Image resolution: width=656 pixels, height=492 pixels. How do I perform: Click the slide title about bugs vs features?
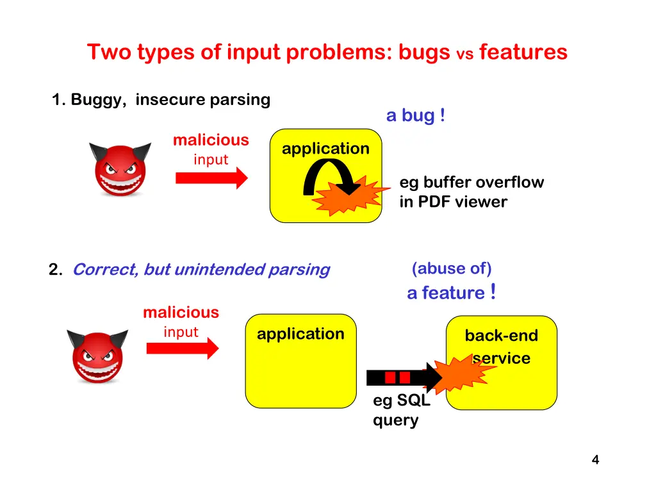point(327,52)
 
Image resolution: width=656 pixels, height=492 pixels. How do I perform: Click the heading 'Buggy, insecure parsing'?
point(161,100)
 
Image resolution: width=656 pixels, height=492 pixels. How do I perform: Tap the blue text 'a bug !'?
point(416,116)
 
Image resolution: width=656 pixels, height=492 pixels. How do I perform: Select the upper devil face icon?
point(120,168)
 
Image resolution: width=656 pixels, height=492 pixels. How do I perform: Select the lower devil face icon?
point(98,356)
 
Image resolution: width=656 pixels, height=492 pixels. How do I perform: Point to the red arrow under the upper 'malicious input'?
point(211,178)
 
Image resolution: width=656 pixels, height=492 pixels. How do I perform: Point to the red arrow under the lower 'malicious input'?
point(183,348)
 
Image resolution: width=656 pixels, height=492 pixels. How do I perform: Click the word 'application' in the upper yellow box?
point(325,149)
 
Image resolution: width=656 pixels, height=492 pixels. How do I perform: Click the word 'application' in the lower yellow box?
point(300,334)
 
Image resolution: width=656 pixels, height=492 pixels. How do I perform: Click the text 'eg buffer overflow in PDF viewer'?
point(471,192)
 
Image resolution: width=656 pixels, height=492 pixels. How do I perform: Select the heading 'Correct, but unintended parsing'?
point(201,270)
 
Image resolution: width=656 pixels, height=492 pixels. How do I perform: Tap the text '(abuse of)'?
point(452,268)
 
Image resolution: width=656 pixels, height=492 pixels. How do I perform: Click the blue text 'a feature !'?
point(451,293)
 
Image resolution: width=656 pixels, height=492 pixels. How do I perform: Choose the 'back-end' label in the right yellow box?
point(501,336)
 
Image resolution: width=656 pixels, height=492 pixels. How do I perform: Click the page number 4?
point(595,459)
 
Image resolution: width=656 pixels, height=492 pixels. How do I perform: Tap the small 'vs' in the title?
point(464,55)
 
